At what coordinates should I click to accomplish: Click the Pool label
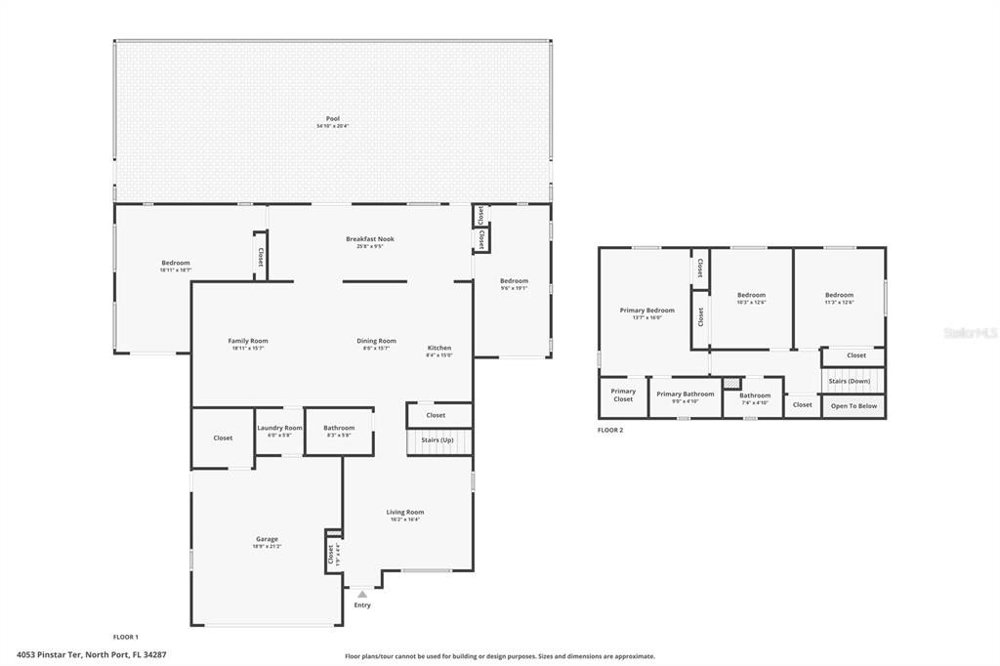333,118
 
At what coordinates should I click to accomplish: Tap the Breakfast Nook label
370,239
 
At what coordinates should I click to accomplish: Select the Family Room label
248,341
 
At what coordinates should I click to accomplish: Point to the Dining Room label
376,341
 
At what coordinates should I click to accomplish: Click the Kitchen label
439,348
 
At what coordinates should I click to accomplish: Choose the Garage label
267,539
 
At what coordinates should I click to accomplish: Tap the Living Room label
404,512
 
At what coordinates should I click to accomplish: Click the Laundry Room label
279,428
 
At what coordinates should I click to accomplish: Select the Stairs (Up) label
437,440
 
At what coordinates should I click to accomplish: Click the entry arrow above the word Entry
362,593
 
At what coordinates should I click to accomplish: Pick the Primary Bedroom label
647,311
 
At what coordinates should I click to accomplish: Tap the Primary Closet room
623,395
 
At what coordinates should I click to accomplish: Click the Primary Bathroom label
685,394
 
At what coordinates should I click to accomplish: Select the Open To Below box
854,405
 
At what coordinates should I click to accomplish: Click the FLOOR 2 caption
610,430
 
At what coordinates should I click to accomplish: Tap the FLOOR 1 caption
126,636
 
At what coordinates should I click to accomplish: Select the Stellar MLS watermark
970,333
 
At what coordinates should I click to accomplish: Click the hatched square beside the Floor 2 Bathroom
730,384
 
